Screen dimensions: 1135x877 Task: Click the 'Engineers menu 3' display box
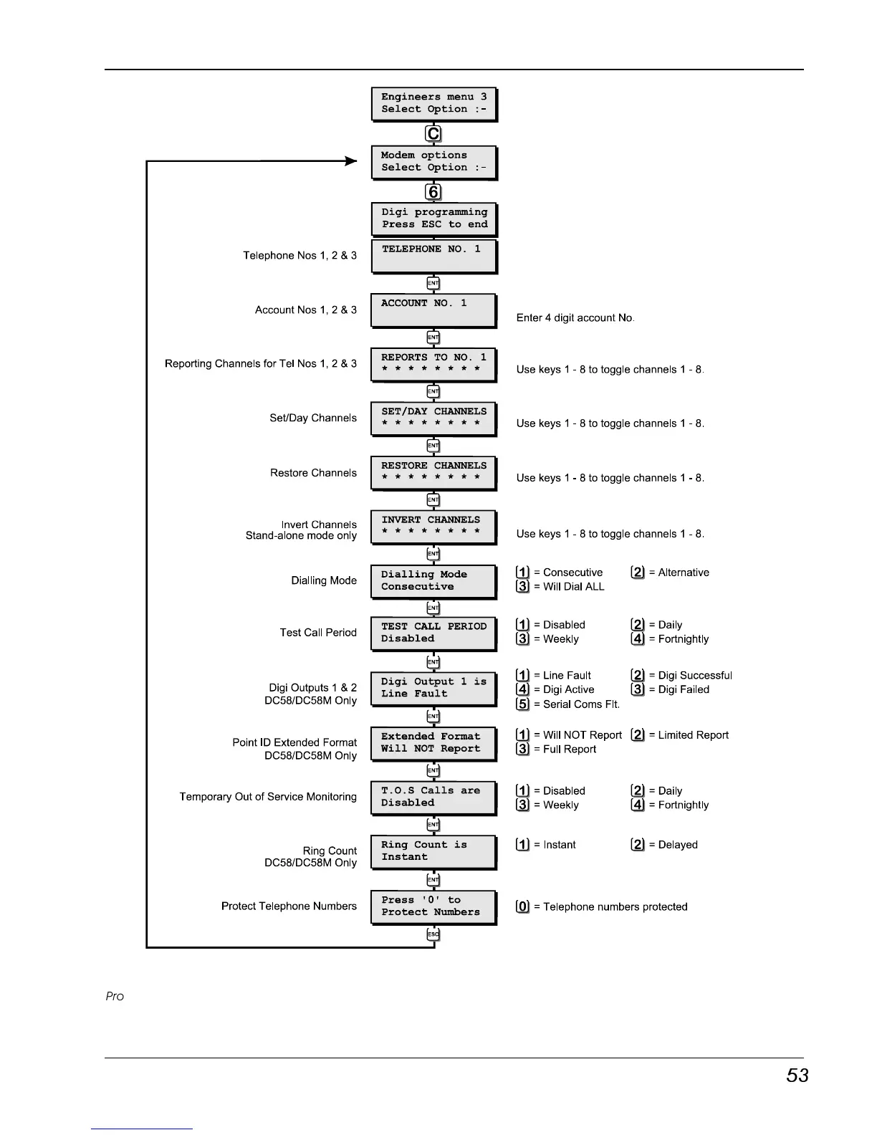tap(434, 104)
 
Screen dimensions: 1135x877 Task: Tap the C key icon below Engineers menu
tap(433, 134)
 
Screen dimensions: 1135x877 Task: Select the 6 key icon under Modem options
tap(433, 192)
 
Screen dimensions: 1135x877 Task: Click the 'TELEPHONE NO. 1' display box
tap(434, 256)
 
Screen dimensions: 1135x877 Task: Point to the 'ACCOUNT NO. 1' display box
tap(434, 310)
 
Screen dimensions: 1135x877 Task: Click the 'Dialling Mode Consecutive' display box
tap(434, 581)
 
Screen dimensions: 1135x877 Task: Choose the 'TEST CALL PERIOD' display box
tap(434, 633)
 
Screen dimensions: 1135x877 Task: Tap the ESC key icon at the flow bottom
tap(433, 934)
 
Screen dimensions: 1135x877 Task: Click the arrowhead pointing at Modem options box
tap(350, 161)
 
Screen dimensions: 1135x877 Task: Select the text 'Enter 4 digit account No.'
tap(575, 318)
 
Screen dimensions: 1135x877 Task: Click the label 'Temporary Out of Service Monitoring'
tap(268, 797)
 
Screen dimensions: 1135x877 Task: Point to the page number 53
tap(797, 1076)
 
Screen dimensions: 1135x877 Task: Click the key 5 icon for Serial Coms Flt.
tap(523, 704)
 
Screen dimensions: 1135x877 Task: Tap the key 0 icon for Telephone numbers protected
tap(523, 906)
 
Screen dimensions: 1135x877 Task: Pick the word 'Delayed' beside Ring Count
tap(678, 845)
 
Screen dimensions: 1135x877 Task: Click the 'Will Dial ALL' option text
tap(573, 587)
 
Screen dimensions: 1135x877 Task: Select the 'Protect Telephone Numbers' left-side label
tap(289, 906)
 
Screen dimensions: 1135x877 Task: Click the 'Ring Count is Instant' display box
tap(434, 851)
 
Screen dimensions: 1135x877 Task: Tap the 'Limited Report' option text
tap(693, 735)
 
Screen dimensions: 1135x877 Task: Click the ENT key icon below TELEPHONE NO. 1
tap(433, 283)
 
